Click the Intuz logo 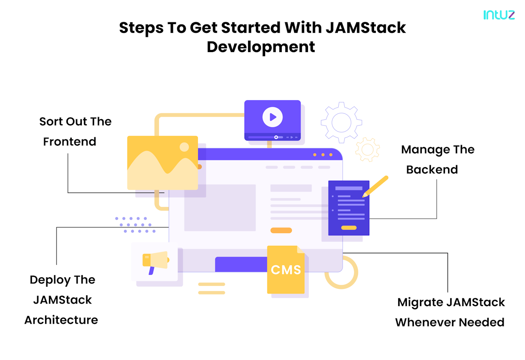499,15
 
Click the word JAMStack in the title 365,28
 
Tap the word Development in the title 261,47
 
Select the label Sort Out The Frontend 75,131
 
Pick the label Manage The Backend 437,159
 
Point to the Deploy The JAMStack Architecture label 61,300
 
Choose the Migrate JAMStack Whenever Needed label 450,312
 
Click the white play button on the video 272,117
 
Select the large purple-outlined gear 342,122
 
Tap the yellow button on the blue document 349,227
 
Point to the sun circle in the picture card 184,147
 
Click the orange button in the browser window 281,230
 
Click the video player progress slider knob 276,137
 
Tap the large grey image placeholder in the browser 220,207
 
